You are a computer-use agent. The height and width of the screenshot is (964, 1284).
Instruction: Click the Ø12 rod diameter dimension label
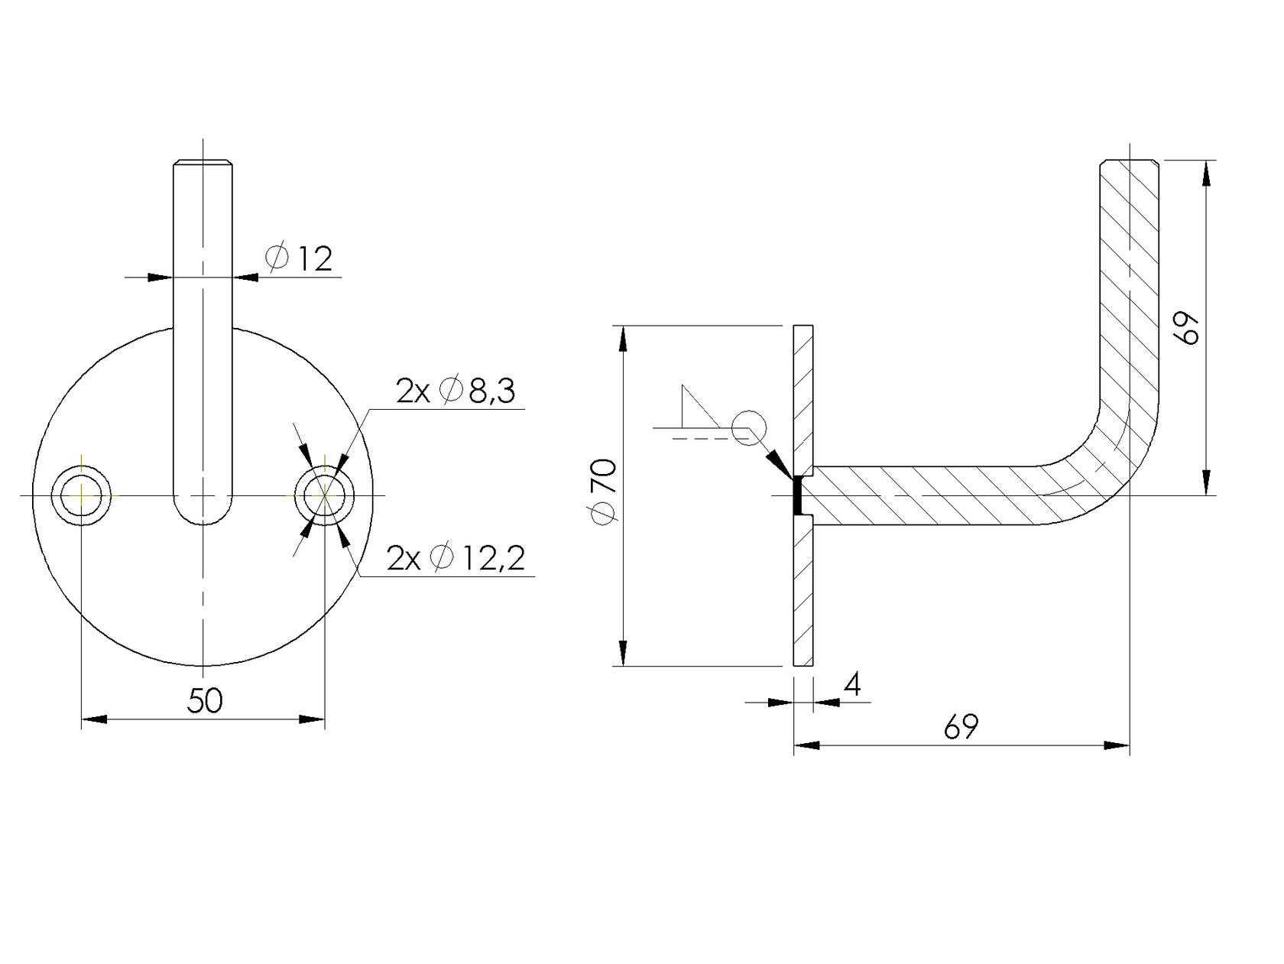click(x=299, y=259)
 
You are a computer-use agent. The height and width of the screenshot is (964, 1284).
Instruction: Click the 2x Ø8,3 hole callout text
click(x=456, y=391)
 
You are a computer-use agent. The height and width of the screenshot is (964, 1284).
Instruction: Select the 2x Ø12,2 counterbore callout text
click(x=456, y=559)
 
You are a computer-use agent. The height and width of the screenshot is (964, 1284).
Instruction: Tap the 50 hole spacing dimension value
click(x=204, y=701)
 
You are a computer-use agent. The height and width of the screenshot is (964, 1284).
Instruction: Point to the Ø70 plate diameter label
click(x=605, y=492)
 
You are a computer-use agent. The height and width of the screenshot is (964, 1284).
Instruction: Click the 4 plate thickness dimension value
click(x=851, y=685)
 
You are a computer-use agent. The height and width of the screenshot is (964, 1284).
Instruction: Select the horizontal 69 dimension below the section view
click(x=961, y=727)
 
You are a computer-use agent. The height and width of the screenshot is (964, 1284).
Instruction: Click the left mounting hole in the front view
click(x=81, y=495)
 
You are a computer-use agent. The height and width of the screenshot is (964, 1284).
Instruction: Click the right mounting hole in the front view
click(x=325, y=495)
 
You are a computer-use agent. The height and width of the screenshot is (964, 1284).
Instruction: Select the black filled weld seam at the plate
click(x=796, y=495)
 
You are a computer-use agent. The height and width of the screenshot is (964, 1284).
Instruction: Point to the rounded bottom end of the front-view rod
click(x=203, y=512)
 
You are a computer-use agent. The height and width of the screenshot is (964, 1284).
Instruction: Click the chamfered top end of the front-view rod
click(x=203, y=163)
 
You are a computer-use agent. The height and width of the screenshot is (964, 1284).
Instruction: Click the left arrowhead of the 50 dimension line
click(x=94, y=719)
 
